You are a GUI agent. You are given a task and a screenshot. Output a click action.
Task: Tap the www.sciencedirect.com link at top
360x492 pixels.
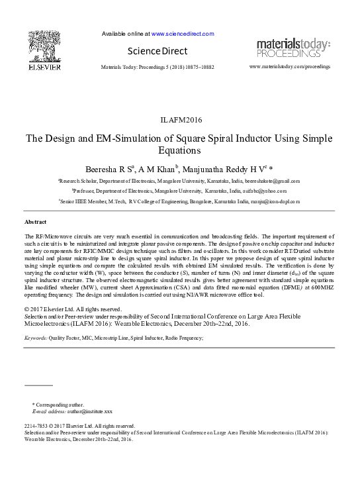183,33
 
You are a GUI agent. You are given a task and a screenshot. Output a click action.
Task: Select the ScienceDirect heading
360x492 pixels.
158,51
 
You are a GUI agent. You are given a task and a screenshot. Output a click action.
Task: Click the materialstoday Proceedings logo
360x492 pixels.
293,48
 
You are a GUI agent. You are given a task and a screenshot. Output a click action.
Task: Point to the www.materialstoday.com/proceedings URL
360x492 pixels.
290,67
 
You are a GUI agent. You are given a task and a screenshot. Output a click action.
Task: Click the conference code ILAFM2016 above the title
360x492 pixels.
181,120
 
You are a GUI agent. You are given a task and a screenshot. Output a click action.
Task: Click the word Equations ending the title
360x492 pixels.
180,151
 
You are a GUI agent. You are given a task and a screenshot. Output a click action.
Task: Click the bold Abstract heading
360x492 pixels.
35,221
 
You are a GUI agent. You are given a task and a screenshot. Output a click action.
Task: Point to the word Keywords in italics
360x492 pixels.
35,338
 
